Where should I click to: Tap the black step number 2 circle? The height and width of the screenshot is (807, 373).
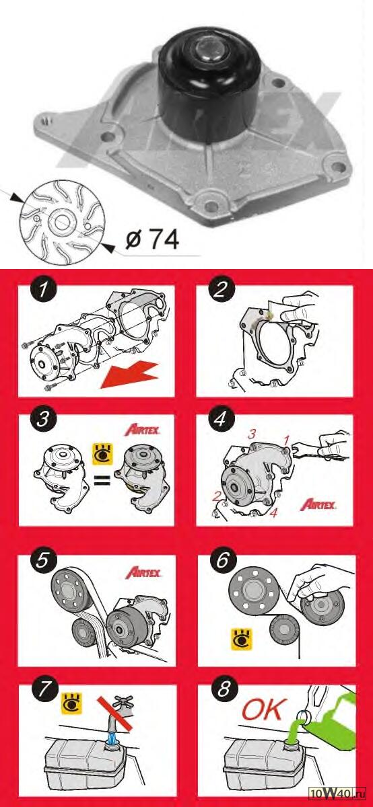coord(221,290)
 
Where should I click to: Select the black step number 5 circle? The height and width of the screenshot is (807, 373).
coord(42,561)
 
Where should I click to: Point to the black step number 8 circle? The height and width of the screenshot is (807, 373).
coord(224,689)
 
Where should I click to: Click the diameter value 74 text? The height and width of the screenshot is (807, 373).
coord(164,239)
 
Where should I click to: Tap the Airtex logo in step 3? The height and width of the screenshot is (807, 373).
coord(142,430)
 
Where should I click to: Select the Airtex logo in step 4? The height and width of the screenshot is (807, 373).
coord(318,504)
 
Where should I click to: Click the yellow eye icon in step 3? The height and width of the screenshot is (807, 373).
coord(103,454)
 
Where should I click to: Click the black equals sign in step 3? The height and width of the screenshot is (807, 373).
coord(102,480)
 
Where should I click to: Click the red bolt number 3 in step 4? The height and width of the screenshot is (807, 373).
coord(252,434)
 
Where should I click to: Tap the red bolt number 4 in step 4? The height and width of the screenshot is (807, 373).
coord(274,512)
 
